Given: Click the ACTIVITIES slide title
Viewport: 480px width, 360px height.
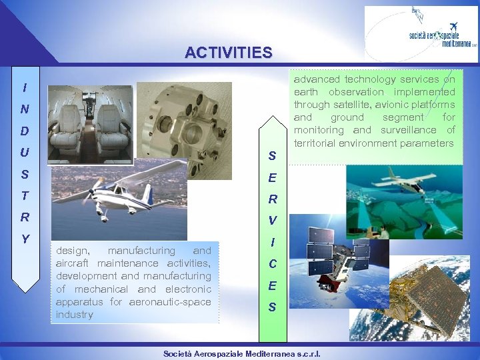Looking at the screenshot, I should tap(228, 52).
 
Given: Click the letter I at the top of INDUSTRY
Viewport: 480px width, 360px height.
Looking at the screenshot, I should tap(25, 87).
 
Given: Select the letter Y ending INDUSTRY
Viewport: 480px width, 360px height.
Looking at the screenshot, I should tap(25, 238).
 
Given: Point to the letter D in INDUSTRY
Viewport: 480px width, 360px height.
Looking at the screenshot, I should tap(25, 131).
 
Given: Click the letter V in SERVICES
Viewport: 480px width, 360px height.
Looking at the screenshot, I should tap(273, 221).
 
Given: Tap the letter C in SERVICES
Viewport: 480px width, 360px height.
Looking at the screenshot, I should tap(273, 264).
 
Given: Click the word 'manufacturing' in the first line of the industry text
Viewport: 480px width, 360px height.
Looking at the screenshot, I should tap(139, 251).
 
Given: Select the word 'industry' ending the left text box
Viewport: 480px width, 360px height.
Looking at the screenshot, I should tap(75, 315).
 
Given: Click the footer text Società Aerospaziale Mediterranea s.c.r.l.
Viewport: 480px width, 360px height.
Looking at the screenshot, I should tap(241, 353).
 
